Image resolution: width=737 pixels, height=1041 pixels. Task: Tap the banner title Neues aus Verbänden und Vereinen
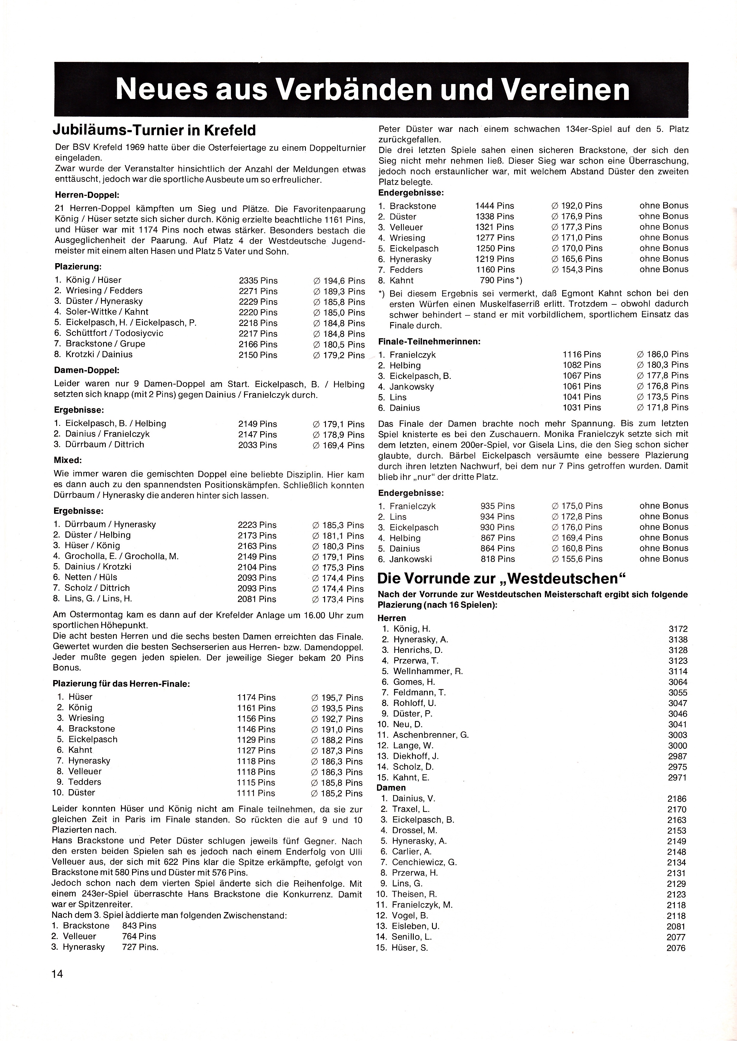372,89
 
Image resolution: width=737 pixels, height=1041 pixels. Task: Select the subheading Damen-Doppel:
87,370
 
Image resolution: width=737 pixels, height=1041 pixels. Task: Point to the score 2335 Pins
258,281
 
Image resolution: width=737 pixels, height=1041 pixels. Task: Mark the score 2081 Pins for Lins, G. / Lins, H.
257,599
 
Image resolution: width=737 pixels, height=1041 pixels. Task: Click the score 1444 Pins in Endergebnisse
495,206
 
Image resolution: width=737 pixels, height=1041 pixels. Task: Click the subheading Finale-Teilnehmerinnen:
429,341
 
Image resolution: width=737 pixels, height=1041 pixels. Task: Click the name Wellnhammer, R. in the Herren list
428,671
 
